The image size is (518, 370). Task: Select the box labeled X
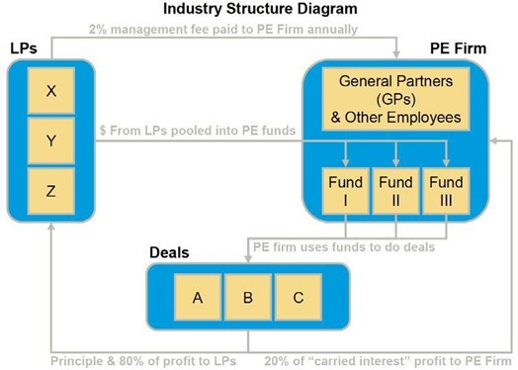pyautogui.click(x=50, y=93)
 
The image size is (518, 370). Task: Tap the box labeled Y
pyautogui.click(x=50, y=142)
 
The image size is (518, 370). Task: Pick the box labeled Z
pyautogui.click(x=50, y=191)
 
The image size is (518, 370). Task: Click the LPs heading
pyautogui.click(x=24, y=47)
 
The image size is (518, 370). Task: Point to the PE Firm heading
pyautogui.click(x=458, y=47)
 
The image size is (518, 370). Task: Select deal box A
pyautogui.click(x=198, y=297)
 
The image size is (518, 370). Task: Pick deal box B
pyautogui.click(x=248, y=297)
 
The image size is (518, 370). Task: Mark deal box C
pyautogui.click(x=299, y=297)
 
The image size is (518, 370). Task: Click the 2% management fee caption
pyautogui.click(x=222, y=29)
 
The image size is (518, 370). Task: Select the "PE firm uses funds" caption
pyautogui.click(x=343, y=246)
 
